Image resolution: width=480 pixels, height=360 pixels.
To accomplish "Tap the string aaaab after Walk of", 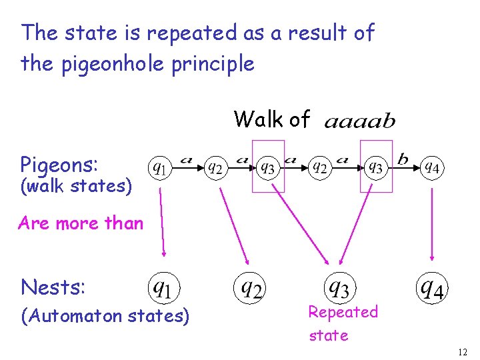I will pos(360,122).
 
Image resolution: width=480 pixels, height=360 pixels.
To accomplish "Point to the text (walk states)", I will pos(75,186).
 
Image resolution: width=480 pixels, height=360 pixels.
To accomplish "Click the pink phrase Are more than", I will pos(81,223).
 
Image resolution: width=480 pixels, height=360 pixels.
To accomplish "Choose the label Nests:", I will pos(53,287).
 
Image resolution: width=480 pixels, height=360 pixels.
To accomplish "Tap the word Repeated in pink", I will pos(343,312).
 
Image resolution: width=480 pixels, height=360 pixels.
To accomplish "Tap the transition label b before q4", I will pos(403,159).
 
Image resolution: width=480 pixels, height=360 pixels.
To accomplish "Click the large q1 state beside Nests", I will pos(163,288).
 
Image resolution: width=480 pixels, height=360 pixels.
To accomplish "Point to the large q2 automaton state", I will pos(251,288).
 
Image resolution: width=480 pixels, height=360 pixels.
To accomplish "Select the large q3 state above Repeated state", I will pos(339,288).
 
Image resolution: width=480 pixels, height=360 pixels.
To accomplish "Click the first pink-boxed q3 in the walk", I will pos(268,167).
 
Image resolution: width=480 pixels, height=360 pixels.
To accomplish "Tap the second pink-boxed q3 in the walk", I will pos(376,167).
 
